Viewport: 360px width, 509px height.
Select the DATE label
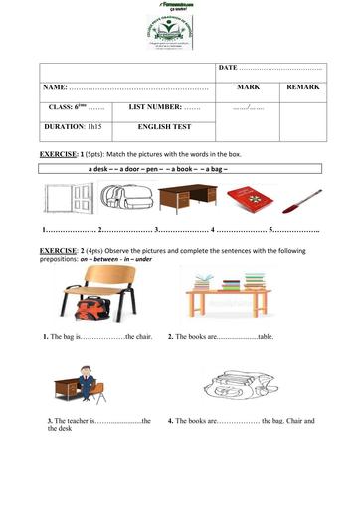(x=229, y=68)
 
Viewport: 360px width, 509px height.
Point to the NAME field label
(x=55, y=88)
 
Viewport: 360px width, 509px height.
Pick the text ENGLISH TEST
(x=162, y=127)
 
